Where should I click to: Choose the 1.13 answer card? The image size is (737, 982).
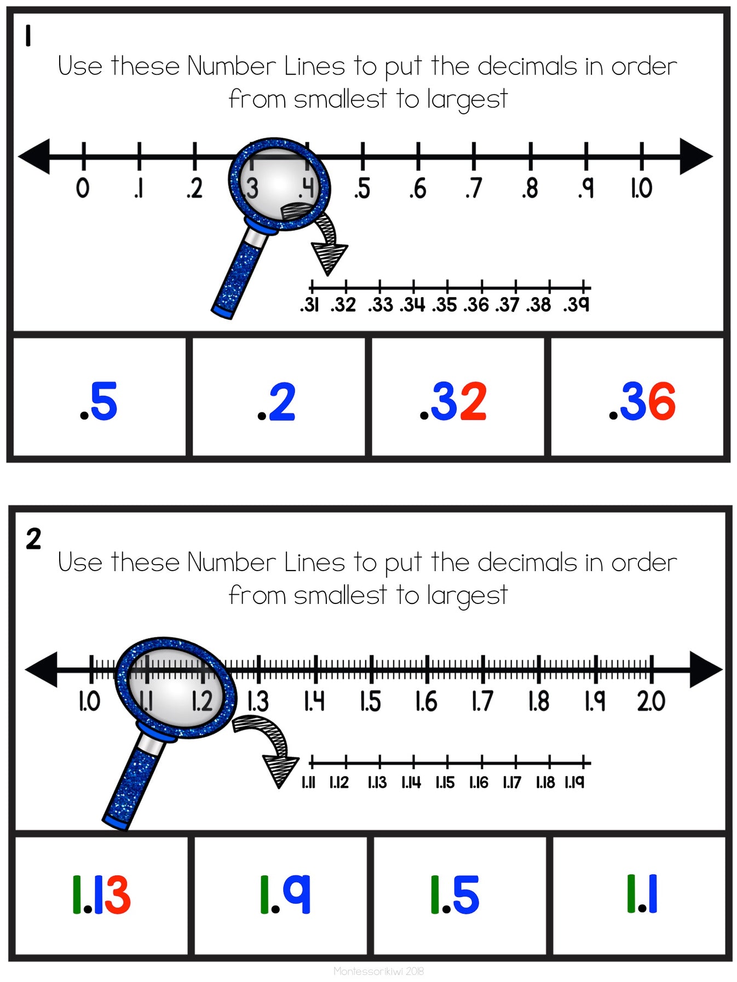[101, 894]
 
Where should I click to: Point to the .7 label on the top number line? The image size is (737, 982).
[474, 188]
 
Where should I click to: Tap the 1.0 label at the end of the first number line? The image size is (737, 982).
[641, 188]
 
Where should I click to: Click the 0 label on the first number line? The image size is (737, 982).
[83, 188]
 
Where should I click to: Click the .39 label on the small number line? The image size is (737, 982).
[576, 305]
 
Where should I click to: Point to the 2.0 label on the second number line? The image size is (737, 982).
[650, 701]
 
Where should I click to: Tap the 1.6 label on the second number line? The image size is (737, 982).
[426, 701]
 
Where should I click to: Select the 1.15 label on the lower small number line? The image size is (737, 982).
[445, 782]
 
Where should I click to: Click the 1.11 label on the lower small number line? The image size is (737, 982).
[308, 782]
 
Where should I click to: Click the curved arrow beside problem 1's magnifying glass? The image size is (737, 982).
[327, 241]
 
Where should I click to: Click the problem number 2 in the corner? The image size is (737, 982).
[33, 539]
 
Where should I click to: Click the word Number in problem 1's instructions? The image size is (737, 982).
[231, 66]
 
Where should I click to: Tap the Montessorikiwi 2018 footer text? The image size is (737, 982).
[378, 971]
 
